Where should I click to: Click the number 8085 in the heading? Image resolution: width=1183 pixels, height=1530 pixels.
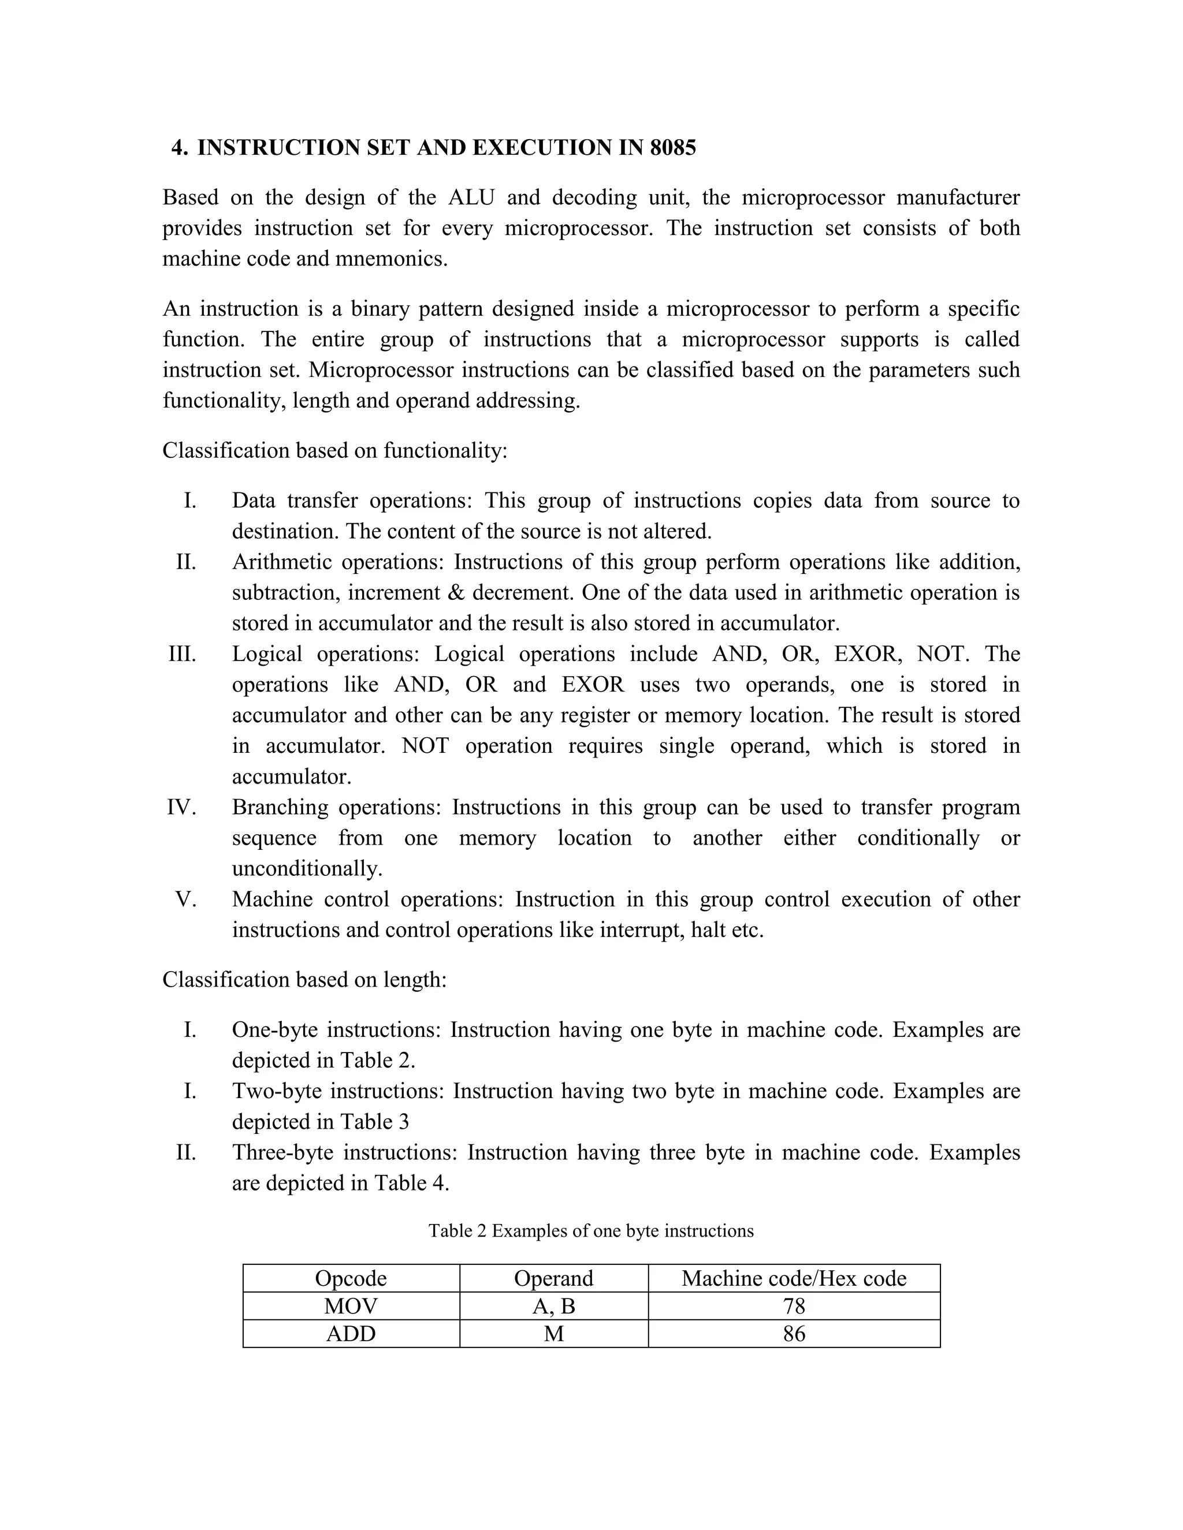[672, 148]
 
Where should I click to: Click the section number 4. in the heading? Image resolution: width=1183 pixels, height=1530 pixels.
[180, 148]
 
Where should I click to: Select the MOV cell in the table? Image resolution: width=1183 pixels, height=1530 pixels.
[351, 1306]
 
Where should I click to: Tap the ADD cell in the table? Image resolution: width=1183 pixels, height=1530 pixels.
[351, 1333]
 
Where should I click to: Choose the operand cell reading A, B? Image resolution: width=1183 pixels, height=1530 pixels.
[553, 1306]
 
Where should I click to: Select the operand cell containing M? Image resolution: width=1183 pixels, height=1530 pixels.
[553, 1333]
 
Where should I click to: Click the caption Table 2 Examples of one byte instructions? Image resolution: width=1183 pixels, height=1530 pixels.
[591, 1231]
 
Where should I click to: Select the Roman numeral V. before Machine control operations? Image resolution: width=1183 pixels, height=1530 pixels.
[186, 899]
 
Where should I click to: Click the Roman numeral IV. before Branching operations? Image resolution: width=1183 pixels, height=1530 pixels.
[181, 807]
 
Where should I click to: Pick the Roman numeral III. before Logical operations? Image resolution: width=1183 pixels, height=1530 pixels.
[182, 654]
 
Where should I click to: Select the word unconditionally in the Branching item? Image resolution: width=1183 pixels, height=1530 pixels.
[307, 869]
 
